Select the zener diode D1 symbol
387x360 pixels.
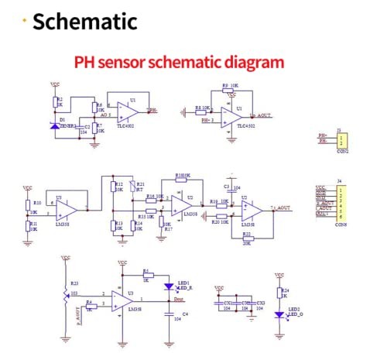coord(55,125)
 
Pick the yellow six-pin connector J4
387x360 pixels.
coord(341,203)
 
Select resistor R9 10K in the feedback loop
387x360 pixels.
coord(230,93)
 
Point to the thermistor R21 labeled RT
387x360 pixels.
coord(131,187)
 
